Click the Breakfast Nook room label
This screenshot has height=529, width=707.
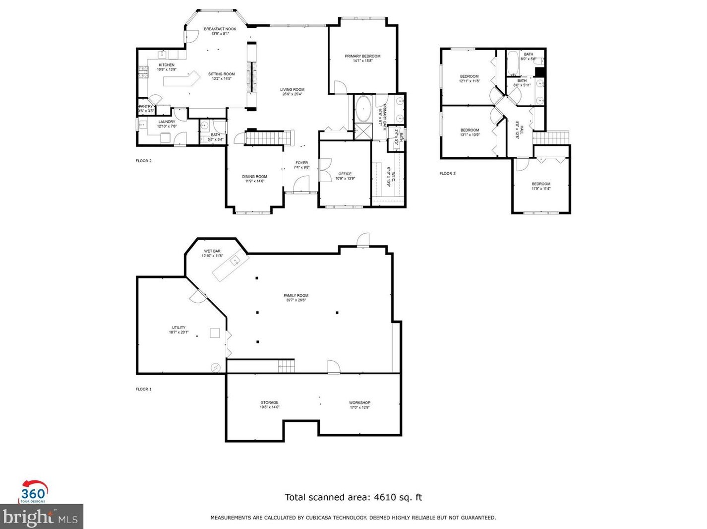pyautogui.click(x=220, y=29)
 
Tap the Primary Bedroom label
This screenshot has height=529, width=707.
pyautogui.click(x=362, y=56)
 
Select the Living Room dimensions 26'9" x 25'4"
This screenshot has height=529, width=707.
pyautogui.click(x=292, y=94)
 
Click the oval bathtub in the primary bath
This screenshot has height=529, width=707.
pyautogui.click(x=363, y=109)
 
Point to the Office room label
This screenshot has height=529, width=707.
pyautogui.click(x=345, y=174)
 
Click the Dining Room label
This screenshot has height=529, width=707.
pyautogui.click(x=254, y=177)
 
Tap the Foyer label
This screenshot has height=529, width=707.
pyautogui.click(x=301, y=163)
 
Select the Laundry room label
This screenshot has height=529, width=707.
pyautogui.click(x=167, y=122)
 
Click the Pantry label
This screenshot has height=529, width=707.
pyautogui.click(x=146, y=106)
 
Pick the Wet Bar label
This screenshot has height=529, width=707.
pyautogui.click(x=212, y=251)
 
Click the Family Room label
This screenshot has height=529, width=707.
pyautogui.click(x=296, y=296)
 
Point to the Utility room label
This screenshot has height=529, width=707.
pyautogui.click(x=178, y=328)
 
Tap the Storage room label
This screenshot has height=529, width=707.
pyautogui.click(x=269, y=402)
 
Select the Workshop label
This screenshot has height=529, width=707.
pyautogui.click(x=359, y=402)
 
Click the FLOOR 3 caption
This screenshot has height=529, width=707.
pyautogui.click(x=447, y=174)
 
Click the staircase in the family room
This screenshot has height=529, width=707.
pyautogui.click(x=286, y=366)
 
